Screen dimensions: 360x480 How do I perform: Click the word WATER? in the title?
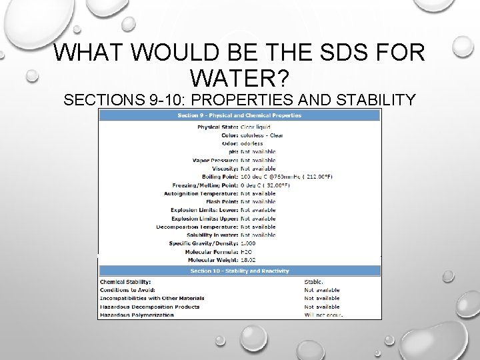(x=239, y=79)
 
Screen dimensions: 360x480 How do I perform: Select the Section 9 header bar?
(x=240, y=115)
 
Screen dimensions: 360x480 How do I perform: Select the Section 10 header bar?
(x=240, y=270)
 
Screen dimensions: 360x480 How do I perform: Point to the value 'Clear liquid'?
(x=256, y=125)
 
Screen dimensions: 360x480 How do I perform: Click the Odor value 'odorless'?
(x=252, y=143)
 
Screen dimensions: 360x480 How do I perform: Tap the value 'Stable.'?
(x=314, y=281)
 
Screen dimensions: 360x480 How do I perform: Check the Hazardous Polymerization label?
(x=137, y=315)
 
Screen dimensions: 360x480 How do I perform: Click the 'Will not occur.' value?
(x=323, y=315)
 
